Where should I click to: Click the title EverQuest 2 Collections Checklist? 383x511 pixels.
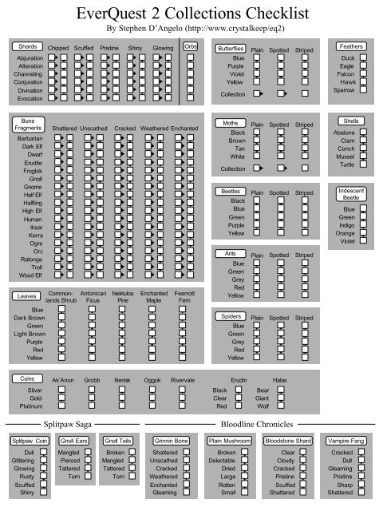click(191, 14)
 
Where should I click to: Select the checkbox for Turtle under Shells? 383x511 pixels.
click(362, 164)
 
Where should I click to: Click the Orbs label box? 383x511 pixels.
click(191, 47)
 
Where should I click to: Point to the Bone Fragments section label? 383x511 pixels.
click(27, 124)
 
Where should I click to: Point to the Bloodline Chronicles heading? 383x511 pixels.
click(257, 424)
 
